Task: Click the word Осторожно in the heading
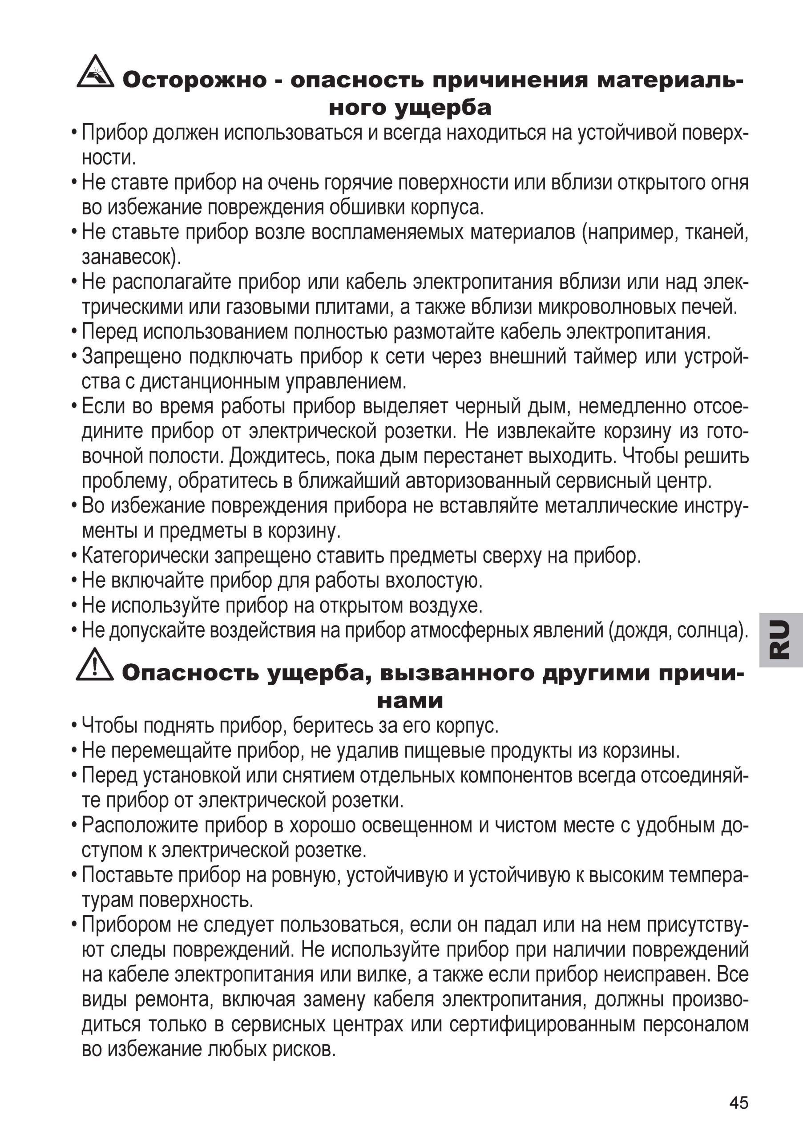(194, 81)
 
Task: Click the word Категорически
(145, 556)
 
